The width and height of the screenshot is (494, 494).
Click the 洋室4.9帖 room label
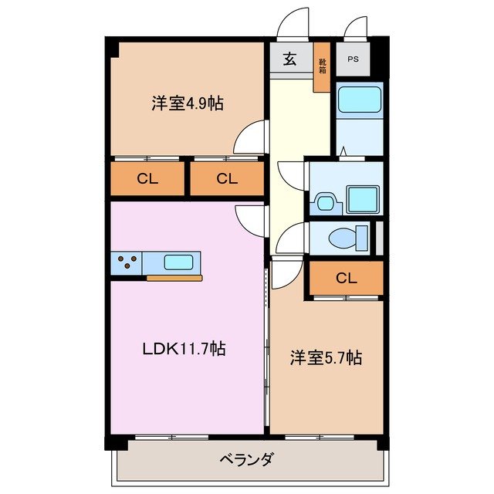click(187, 103)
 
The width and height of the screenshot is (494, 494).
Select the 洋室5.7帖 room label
click(326, 357)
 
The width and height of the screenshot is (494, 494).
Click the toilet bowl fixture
click(343, 239)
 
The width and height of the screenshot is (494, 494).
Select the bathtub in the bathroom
click(359, 100)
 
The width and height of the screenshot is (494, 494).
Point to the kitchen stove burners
click(127, 262)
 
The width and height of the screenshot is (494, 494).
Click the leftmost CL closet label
click(147, 180)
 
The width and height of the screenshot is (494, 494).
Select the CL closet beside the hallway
click(225, 180)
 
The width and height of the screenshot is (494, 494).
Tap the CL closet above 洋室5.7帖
click(346, 278)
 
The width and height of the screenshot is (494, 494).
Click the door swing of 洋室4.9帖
click(252, 139)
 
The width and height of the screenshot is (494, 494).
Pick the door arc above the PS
click(356, 28)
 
